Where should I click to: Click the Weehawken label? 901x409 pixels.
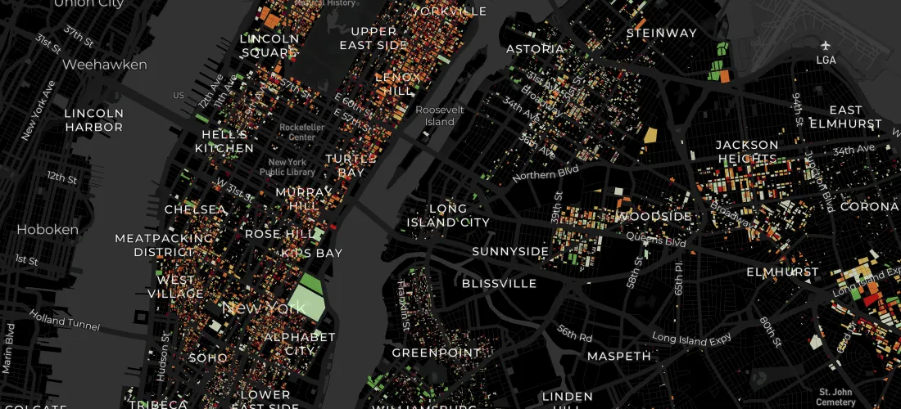(105, 64)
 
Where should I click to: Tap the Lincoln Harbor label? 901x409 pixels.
(94, 120)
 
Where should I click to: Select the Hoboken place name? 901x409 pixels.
(48, 230)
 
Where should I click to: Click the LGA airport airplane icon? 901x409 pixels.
(826, 45)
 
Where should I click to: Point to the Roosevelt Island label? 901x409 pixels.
(440, 115)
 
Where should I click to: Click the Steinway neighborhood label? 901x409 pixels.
(661, 34)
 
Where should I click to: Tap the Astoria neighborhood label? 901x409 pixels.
(536, 49)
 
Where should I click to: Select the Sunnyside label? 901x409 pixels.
(510, 251)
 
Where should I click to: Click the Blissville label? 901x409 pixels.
(499, 284)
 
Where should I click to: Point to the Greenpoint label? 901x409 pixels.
(435, 353)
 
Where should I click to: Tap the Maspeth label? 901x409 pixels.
(619, 356)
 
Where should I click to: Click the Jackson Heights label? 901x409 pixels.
(746, 151)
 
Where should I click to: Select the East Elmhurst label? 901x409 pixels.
(846, 117)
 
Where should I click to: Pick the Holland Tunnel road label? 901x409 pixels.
(65, 320)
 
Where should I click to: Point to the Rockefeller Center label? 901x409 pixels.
(301, 133)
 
